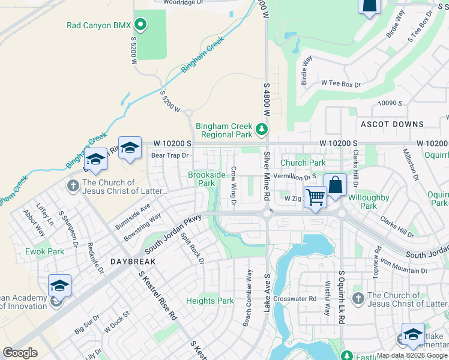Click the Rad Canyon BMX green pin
click(x=140, y=25)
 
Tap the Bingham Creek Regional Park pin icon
click(x=261, y=129)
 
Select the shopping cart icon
click(x=315, y=196)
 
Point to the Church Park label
click(x=303, y=163)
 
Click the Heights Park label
click(x=209, y=301)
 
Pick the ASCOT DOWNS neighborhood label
click(x=392, y=124)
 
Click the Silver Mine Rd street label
click(x=267, y=176)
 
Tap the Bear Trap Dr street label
click(x=170, y=155)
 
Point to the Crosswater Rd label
click(x=294, y=298)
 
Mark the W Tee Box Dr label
click(x=340, y=84)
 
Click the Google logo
click(x=20, y=353)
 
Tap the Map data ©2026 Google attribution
click(x=412, y=355)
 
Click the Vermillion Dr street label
click(x=294, y=177)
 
